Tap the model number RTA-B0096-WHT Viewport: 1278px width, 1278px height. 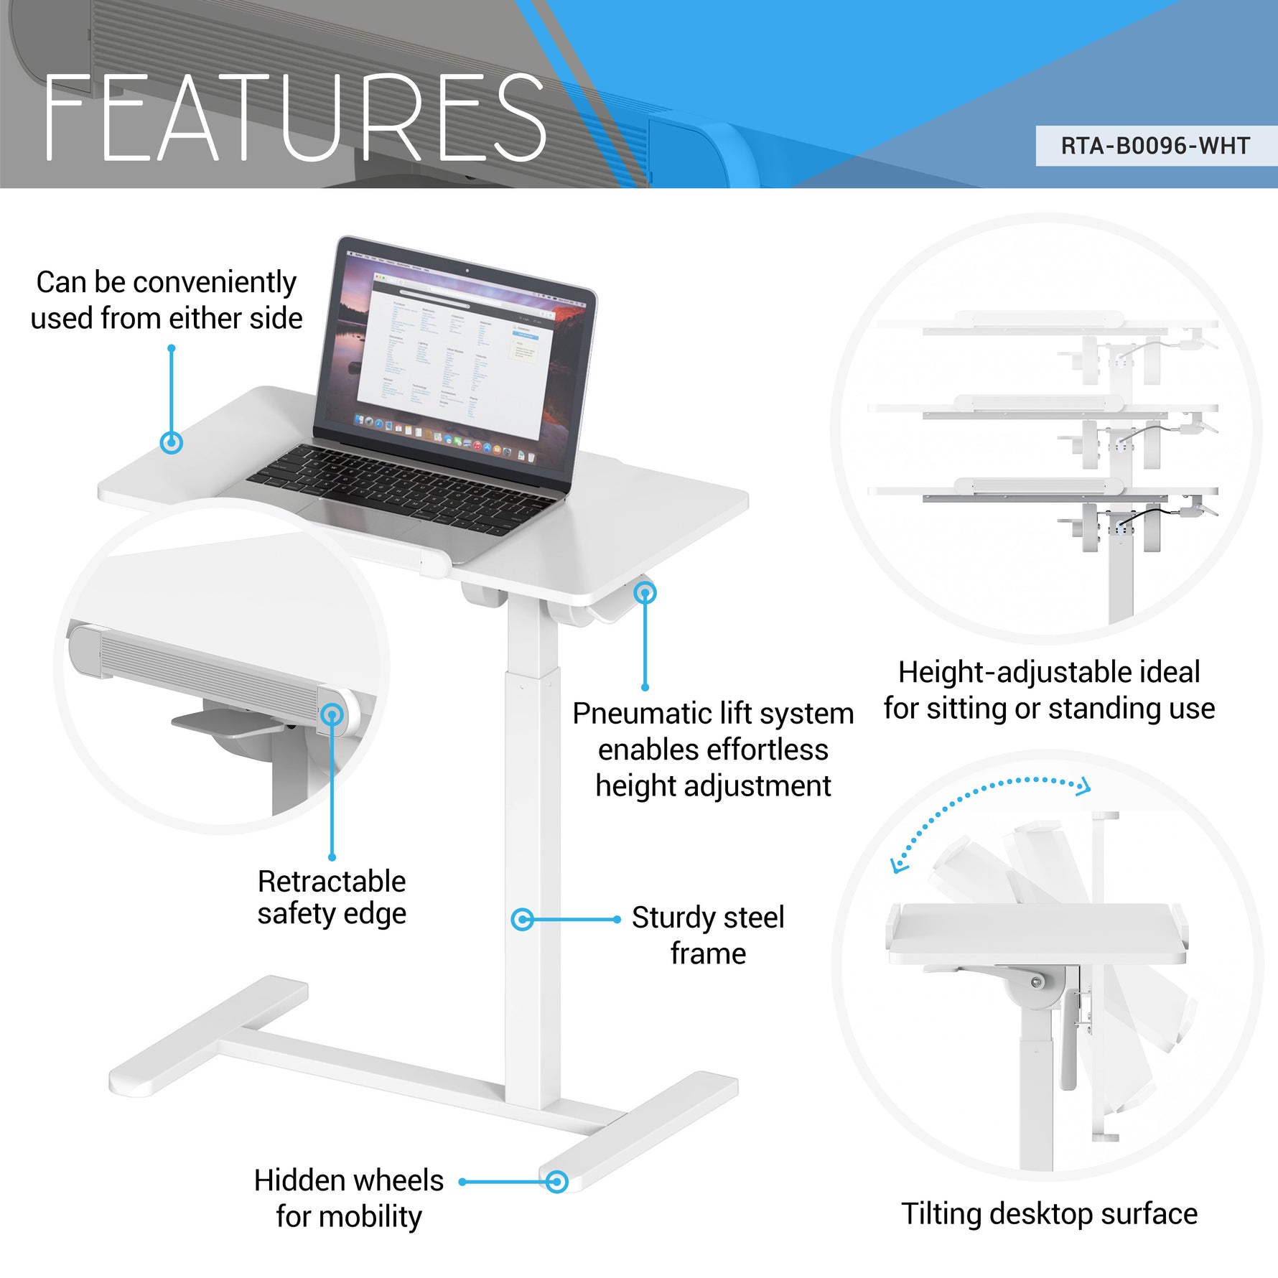point(1155,146)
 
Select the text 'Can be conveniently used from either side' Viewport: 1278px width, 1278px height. point(167,300)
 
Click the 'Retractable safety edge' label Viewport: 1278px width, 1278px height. point(332,897)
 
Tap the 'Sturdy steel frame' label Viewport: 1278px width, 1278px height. point(708,935)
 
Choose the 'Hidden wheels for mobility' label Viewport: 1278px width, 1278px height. point(349,1198)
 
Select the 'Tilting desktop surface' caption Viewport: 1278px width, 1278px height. point(1049,1214)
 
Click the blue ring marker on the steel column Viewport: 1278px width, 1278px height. point(522,919)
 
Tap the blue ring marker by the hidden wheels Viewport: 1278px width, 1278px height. point(556,1182)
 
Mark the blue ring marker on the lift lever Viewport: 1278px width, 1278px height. point(645,593)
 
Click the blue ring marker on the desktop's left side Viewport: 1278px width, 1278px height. point(171,442)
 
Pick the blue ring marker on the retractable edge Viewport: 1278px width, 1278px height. point(332,714)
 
